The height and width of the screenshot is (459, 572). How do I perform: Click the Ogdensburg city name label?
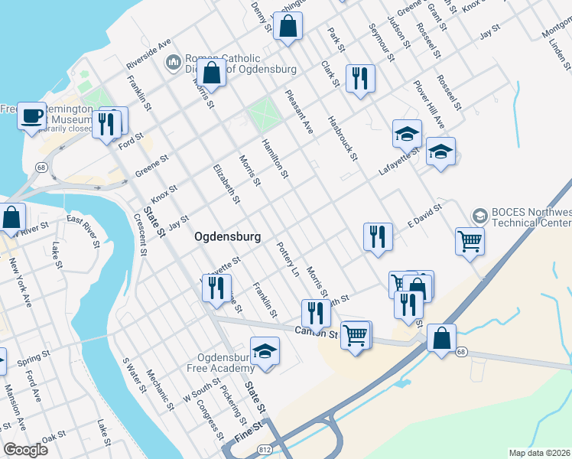click(227, 236)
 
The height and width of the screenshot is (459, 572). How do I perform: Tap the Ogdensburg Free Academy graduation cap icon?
click(265, 351)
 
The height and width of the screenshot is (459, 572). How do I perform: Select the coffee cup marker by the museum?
click(31, 117)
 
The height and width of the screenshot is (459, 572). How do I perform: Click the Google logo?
click(25, 450)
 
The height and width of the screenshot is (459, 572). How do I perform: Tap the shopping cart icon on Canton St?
click(356, 335)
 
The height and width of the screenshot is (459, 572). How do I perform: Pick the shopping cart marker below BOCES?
click(470, 242)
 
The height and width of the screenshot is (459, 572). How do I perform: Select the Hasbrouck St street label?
click(342, 138)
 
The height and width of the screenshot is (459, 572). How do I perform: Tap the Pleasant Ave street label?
click(299, 112)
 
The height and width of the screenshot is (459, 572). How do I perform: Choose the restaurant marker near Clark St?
click(359, 78)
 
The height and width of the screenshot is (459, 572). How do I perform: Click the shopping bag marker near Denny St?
click(288, 28)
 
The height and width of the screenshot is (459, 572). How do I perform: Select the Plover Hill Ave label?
click(429, 103)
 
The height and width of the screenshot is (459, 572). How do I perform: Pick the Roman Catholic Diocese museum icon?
click(174, 60)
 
